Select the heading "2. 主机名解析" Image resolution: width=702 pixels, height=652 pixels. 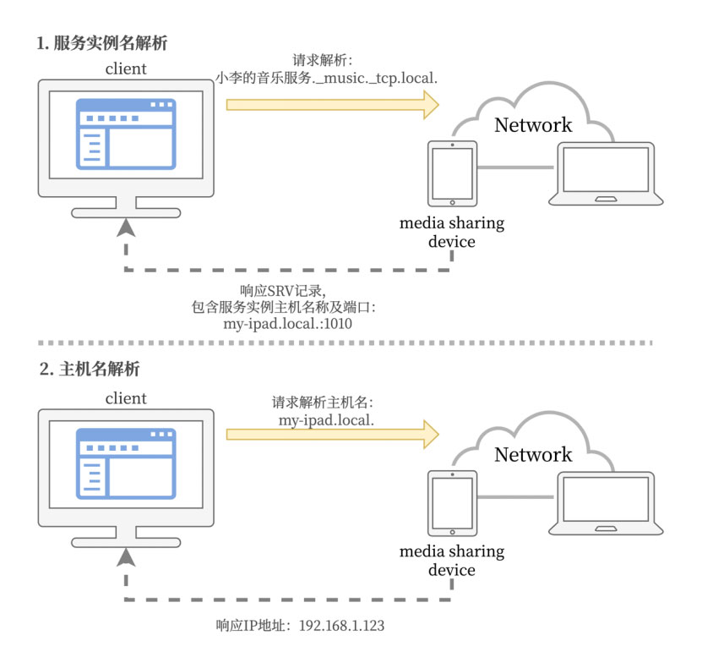(x=90, y=370)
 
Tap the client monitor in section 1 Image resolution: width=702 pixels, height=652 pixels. (x=126, y=140)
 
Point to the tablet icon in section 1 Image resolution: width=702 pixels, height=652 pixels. (x=452, y=173)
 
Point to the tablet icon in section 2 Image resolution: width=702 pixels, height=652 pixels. (x=452, y=502)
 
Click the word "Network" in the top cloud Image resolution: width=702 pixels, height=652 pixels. (x=532, y=125)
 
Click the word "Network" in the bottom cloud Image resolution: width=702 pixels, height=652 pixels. (x=532, y=454)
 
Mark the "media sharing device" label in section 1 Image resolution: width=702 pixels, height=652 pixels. (x=451, y=233)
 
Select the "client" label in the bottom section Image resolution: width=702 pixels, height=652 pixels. (x=126, y=397)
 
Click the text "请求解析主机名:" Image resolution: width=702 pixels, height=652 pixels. (x=322, y=402)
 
